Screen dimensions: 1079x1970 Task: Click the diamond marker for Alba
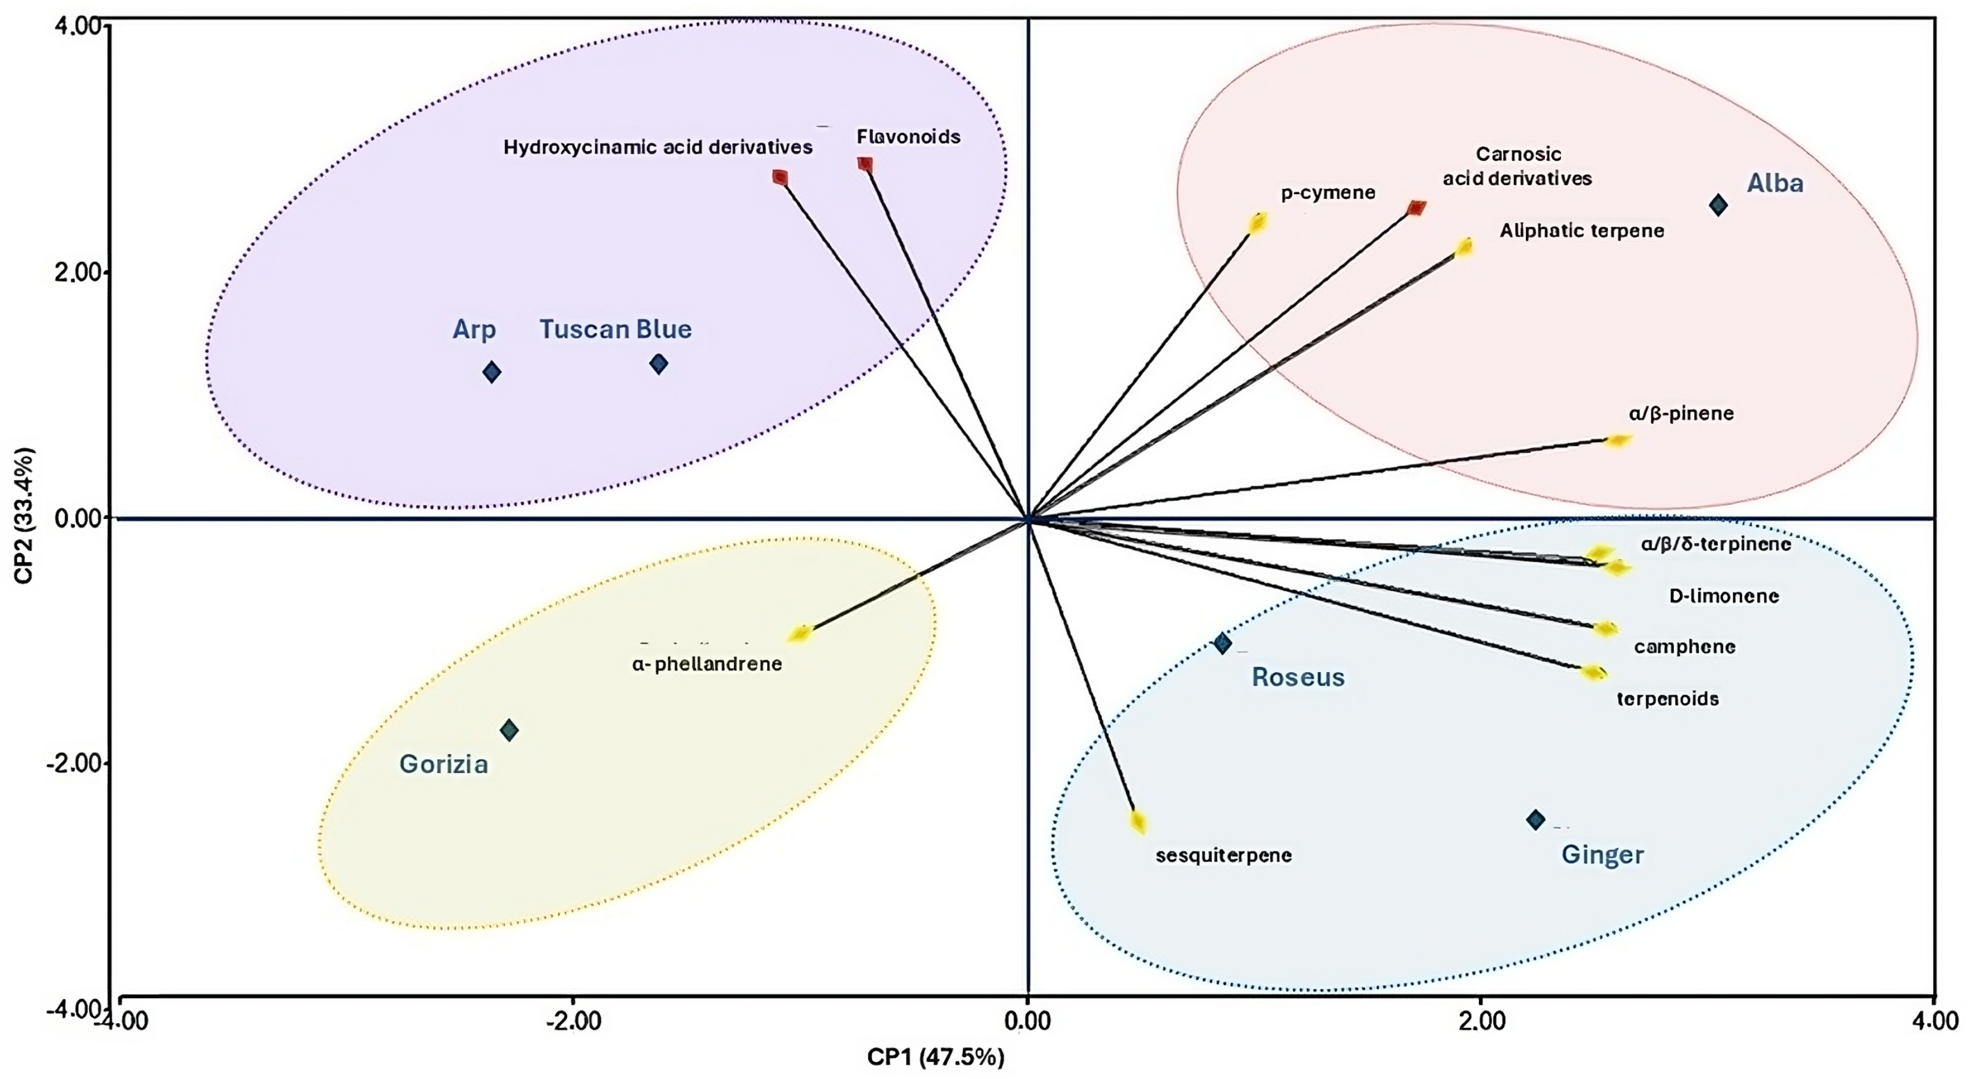click(1718, 205)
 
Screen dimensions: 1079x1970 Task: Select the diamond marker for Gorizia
click(509, 730)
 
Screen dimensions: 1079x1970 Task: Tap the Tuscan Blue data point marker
click(658, 364)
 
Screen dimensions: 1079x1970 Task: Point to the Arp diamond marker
click(492, 372)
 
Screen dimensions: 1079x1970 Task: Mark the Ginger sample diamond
click(1536, 820)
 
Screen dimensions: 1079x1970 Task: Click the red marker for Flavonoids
click(865, 164)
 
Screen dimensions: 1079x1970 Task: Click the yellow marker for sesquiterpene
click(1138, 822)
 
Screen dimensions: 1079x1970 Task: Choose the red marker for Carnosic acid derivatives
click(1417, 208)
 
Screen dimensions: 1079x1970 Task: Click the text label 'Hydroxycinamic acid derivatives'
click(658, 147)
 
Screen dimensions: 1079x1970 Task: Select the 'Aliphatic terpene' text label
click(1582, 230)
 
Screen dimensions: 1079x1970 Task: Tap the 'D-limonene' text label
click(1724, 596)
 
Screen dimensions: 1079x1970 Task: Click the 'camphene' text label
click(1685, 647)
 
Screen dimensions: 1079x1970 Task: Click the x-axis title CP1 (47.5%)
click(935, 1058)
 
